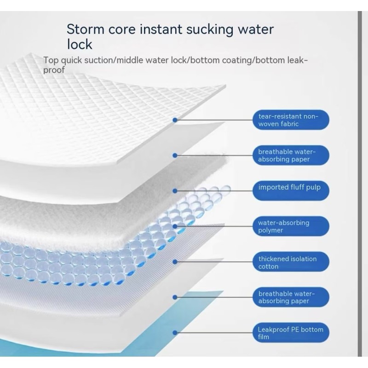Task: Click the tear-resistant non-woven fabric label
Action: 291,120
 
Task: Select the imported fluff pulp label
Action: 291,188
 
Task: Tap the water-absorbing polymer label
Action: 291,226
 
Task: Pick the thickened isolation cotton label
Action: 291,262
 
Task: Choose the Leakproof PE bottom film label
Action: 291,333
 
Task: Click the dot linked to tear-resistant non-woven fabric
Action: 175,120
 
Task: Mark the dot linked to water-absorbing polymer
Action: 175,226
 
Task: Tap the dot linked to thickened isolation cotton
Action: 175,262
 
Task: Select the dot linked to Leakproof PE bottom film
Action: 175,333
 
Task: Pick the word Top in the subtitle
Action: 50,60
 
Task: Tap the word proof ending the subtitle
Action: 54,70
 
